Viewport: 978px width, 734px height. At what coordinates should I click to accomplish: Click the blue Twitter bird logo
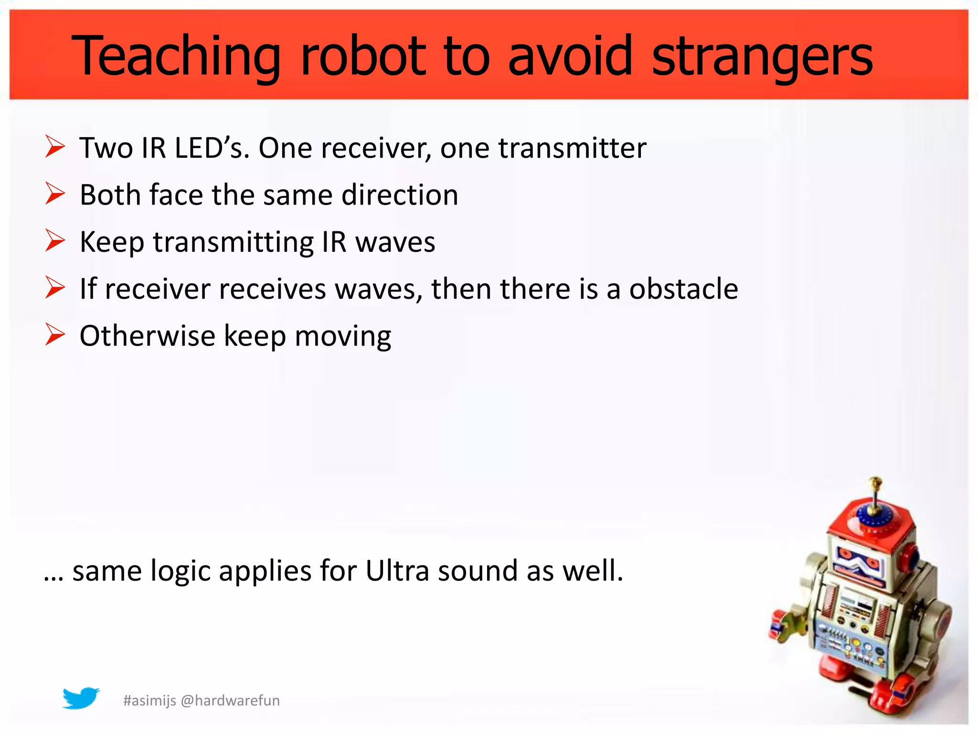(81, 698)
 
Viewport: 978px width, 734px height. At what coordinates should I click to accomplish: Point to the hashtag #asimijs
(149, 701)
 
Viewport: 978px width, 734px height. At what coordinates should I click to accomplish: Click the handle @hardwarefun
(231, 701)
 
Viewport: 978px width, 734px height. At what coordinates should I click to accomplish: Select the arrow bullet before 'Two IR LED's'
(55, 147)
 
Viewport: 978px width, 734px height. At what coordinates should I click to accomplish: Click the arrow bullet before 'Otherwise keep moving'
(55, 335)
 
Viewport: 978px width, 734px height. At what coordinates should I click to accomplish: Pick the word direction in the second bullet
(400, 195)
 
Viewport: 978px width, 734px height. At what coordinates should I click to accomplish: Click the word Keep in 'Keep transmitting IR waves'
(112, 242)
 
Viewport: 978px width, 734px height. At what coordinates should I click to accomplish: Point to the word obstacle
(683, 289)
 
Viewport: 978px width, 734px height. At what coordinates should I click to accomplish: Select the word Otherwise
(147, 335)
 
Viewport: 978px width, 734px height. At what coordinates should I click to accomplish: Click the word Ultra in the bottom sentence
(397, 571)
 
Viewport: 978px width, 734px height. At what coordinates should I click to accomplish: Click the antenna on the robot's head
(875, 495)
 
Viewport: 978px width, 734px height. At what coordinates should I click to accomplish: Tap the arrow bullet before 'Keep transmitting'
(55, 240)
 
